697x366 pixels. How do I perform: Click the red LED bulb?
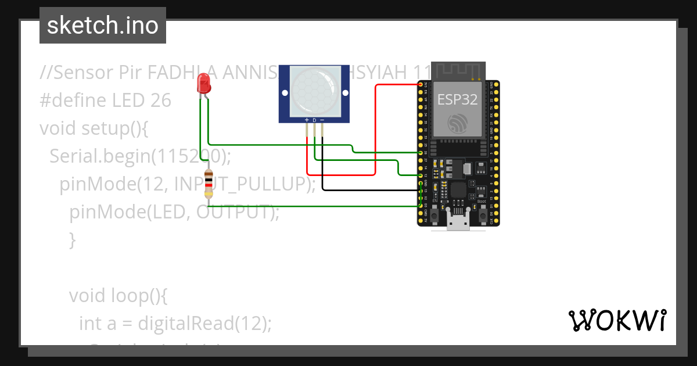click(203, 85)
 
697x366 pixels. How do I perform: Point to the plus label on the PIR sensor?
click(307, 120)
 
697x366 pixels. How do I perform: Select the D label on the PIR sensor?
click(314, 120)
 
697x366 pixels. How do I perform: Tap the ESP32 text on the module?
click(457, 99)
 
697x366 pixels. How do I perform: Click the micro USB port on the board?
click(458, 221)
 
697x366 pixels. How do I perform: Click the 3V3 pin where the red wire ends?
click(421, 85)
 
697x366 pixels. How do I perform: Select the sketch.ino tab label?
click(103, 26)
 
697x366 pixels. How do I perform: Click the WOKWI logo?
click(617, 320)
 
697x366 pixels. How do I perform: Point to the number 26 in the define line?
click(160, 101)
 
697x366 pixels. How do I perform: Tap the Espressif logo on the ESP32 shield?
click(457, 123)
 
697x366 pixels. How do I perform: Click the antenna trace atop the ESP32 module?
click(458, 69)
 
